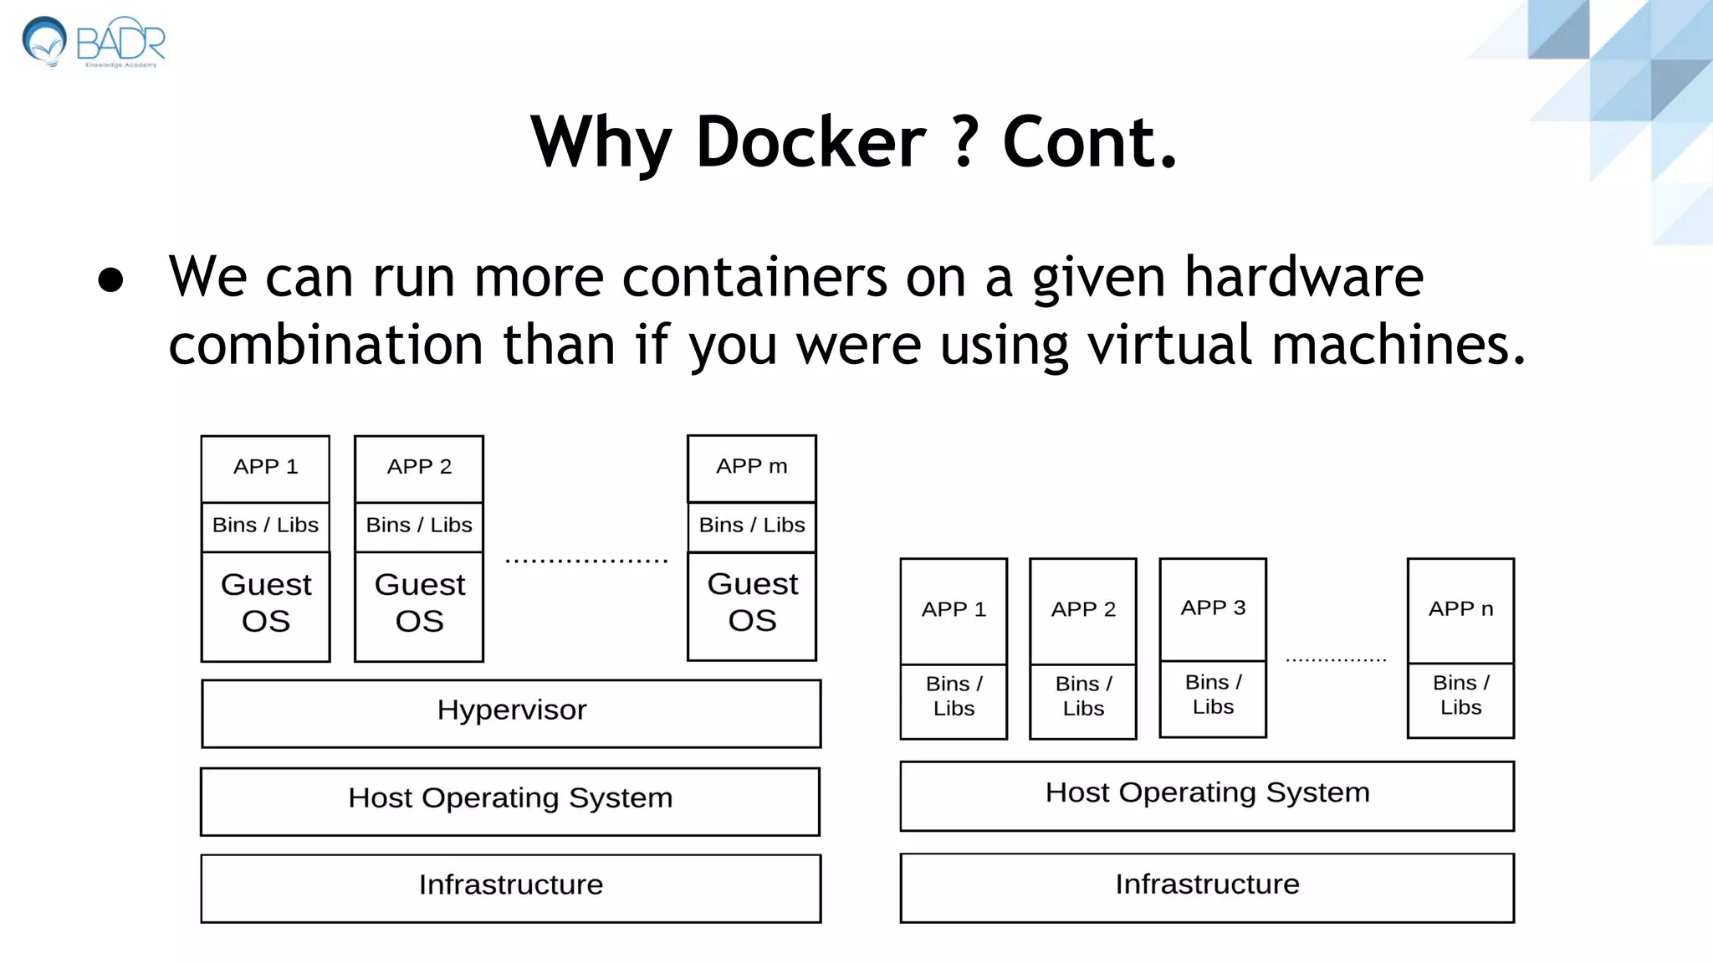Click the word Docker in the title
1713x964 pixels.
[810, 142]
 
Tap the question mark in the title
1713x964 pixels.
[964, 142]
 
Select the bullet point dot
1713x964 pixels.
[110, 279]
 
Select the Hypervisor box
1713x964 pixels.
[511, 713]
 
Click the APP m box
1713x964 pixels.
[751, 468]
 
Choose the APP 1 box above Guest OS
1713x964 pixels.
[265, 468]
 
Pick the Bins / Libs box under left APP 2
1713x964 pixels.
[419, 526]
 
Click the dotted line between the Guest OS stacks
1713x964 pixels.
[586, 561]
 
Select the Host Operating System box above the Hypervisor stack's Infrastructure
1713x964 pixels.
[510, 801]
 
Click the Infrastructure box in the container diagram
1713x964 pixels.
[1207, 887]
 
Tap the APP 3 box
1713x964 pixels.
[1213, 609]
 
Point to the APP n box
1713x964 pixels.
[1460, 610]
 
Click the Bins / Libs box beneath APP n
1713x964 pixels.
[1460, 700]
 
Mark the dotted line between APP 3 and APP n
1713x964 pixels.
[1336, 660]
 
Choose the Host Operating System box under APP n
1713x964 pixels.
[1207, 795]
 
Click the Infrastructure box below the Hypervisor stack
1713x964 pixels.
[510, 888]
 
